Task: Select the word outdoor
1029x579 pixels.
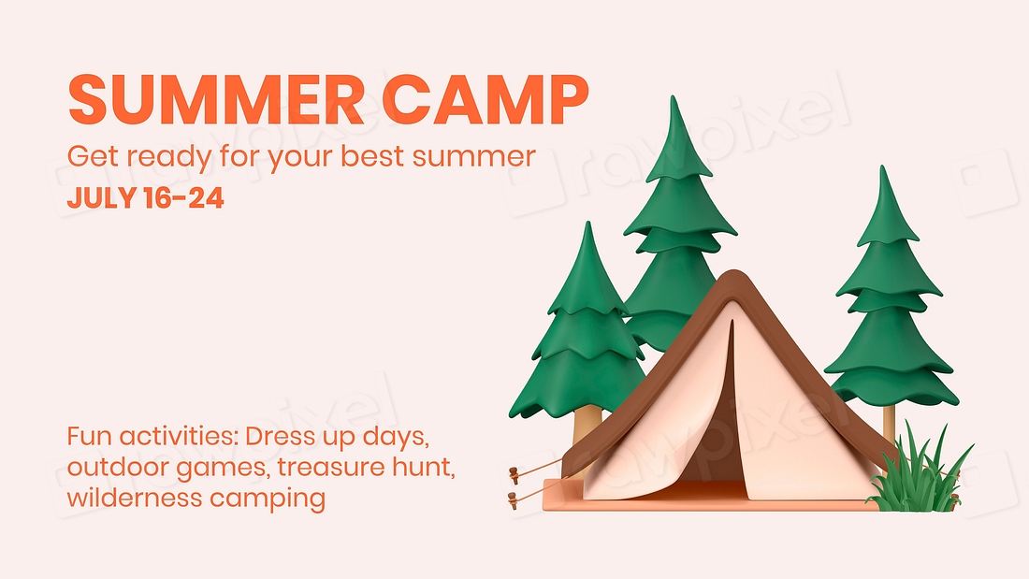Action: point(109,467)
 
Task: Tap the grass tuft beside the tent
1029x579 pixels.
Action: point(917,477)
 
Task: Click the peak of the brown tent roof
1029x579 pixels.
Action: point(734,277)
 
